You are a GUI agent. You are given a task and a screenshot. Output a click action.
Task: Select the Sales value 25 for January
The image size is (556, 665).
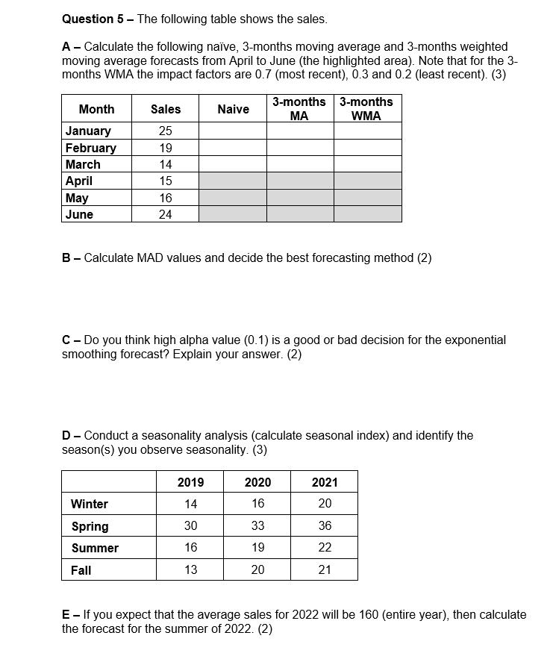point(165,131)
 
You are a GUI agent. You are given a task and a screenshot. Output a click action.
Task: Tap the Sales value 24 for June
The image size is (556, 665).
point(165,214)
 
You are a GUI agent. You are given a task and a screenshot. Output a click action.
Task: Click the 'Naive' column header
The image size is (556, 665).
point(233,109)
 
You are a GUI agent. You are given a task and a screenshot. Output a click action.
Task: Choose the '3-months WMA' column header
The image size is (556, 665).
point(366,109)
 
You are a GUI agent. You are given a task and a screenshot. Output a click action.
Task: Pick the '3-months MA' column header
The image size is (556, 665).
point(299,109)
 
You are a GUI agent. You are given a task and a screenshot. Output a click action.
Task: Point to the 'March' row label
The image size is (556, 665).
point(83,164)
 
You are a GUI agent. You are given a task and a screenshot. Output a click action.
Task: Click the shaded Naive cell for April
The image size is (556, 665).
point(233,181)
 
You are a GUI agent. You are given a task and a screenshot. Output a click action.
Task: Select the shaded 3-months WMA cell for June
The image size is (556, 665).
point(367,214)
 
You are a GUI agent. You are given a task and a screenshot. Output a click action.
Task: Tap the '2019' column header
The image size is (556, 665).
point(190,482)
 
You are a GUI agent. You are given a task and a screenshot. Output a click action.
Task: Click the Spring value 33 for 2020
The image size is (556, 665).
point(257,526)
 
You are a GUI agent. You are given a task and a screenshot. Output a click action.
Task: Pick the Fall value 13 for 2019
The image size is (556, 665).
point(190,570)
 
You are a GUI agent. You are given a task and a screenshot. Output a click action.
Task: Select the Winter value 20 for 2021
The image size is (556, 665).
point(325,504)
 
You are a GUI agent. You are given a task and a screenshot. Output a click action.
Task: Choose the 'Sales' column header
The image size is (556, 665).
point(165,109)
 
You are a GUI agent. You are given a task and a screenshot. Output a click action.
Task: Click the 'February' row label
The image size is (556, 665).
point(90,148)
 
